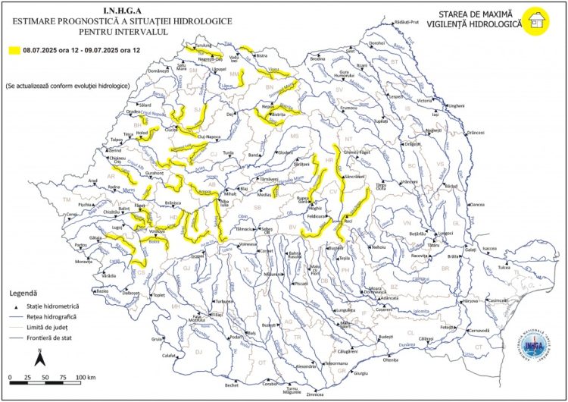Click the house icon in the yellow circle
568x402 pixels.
[x=538, y=20]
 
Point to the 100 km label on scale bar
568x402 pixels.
[x=85, y=378]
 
